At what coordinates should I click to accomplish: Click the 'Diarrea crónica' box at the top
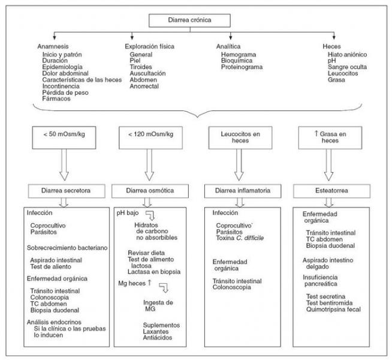pyautogui.click(x=189, y=20)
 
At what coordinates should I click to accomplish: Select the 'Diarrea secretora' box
pyautogui.click(x=67, y=191)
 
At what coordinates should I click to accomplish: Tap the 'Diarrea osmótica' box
pyautogui.click(x=150, y=191)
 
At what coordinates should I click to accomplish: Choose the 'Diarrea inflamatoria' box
pyautogui.click(x=243, y=191)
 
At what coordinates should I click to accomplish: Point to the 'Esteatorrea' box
pyautogui.click(x=331, y=191)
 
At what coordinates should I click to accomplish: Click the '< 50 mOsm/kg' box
pyautogui.click(x=64, y=137)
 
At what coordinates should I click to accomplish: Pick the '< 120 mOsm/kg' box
pyautogui.click(x=151, y=137)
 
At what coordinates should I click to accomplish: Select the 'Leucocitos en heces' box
pyautogui.click(x=240, y=137)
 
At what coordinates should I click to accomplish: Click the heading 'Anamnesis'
pyautogui.click(x=53, y=47)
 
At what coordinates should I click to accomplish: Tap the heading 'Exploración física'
pyautogui.click(x=149, y=47)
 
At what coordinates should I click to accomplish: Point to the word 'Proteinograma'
pyautogui.click(x=242, y=67)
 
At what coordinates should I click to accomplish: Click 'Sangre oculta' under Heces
pyautogui.click(x=347, y=67)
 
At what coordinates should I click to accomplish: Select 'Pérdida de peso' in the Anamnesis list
pyautogui.click(x=65, y=92)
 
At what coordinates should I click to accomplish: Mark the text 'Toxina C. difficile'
pyautogui.click(x=240, y=238)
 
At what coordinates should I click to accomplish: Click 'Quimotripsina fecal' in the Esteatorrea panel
pyautogui.click(x=333, y=310)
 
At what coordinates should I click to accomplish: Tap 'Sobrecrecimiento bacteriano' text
pyautogui.click(x=67, y=248)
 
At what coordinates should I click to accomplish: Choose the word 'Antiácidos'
pyautogui.click(x=158, y=338)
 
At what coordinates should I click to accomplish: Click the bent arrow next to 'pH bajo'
pyautogui.click(x=150, y=215)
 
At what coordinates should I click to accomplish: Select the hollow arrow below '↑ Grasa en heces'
pyautogui.click(x=328, y=165)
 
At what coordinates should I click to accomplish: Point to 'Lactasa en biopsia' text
pyautogui.click(x=154, y=272)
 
